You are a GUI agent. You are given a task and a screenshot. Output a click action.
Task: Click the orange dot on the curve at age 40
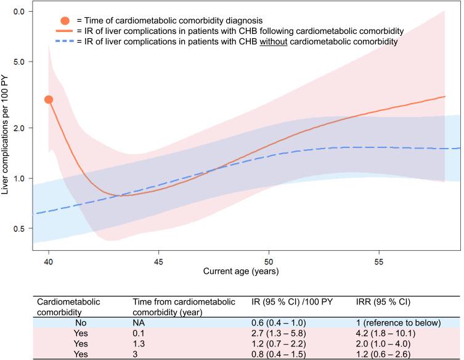click(48, 99)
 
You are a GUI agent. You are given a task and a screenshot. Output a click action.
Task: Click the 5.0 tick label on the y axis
click(19, 62)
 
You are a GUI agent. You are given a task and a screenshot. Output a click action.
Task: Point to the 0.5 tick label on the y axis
click(19, 229)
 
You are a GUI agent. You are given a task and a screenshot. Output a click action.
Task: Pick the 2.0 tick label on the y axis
click(19, 128)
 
